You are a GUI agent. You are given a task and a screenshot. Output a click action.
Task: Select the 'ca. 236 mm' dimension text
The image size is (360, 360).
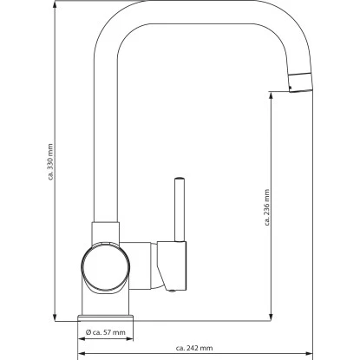tap(267, 208)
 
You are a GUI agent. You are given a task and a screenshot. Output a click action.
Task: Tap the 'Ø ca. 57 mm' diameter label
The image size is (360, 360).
tap(106, 332)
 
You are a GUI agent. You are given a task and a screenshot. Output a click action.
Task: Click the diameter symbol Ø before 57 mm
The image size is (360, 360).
tap(89, 332)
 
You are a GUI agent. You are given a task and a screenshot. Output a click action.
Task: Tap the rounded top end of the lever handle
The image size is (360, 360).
tap(180, 177)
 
